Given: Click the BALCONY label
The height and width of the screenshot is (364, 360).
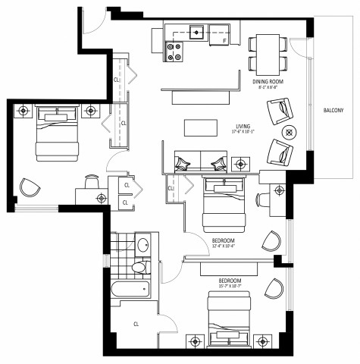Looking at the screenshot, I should point(333,111).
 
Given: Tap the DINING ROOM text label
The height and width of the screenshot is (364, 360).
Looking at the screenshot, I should point(269,80).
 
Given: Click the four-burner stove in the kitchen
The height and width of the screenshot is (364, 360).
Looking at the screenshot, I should point(176,52).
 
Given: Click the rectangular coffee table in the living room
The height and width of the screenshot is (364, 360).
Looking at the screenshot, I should point(197,127).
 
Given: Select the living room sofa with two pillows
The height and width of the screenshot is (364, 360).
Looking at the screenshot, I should point(199,161).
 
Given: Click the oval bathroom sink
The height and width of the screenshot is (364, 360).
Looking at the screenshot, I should point(142,244).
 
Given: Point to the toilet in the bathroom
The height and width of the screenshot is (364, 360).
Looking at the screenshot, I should point(138,268).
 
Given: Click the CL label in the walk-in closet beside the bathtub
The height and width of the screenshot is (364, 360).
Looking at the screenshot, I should point(136,324).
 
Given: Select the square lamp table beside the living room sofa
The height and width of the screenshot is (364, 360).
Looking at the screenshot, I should point(242,162).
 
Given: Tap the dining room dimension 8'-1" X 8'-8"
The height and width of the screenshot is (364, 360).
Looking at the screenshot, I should point(269,87).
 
